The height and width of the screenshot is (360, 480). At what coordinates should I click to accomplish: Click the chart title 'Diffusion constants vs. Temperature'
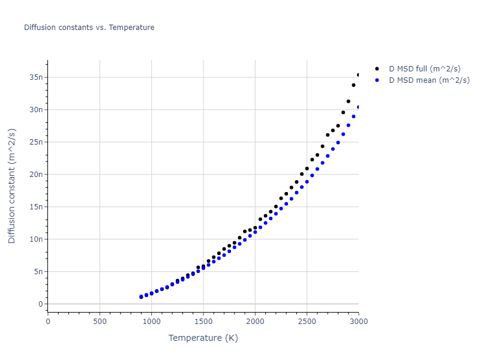click(89, 28)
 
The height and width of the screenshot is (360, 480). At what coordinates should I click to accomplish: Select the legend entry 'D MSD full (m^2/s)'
click(429, 69)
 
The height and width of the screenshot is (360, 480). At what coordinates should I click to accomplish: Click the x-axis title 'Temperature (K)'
click(203, 338)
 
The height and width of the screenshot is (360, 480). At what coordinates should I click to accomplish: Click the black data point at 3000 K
click(359, 75)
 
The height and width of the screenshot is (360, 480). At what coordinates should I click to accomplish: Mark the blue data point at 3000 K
click(359, 107)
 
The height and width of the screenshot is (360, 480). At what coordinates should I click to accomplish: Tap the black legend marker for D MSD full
click(377, 69)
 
